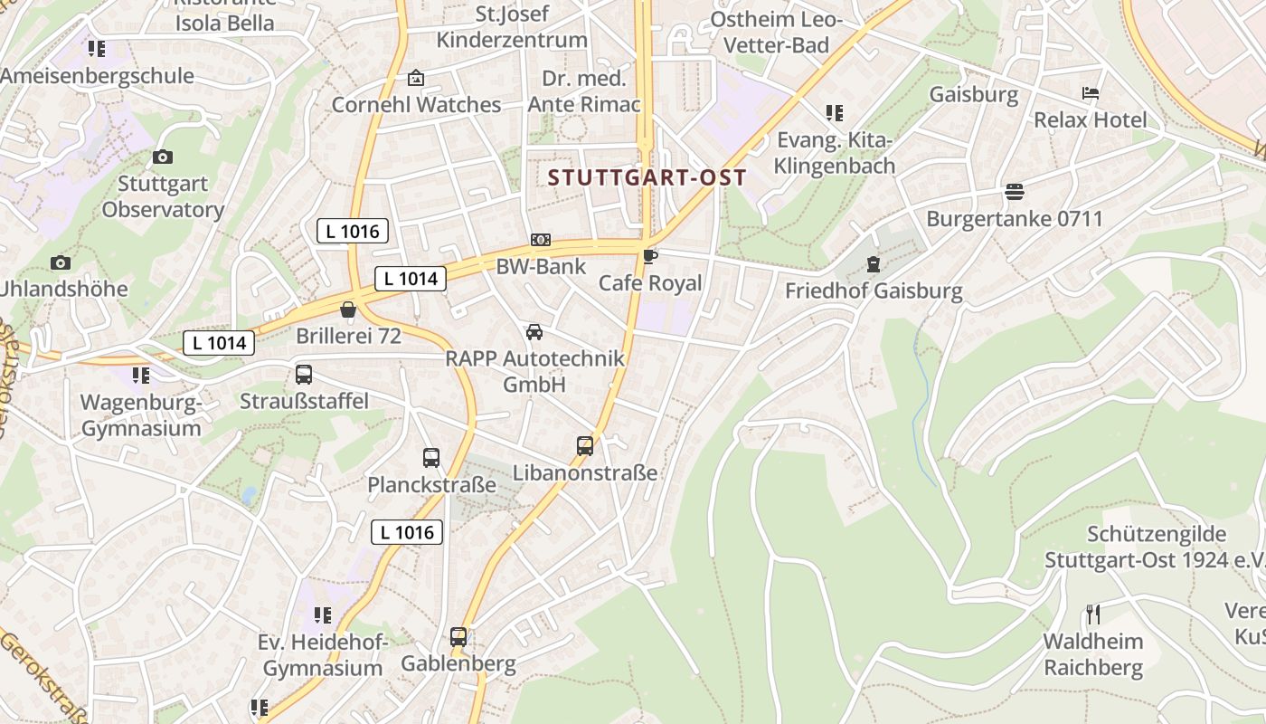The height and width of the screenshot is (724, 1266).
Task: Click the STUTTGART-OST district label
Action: tap(647, 177)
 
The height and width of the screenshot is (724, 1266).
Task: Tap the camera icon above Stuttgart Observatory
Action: tap(163, 157)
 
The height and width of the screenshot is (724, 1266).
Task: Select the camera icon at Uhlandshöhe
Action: tap(61, 262)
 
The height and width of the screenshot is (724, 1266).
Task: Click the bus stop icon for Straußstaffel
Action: tap(304, 374)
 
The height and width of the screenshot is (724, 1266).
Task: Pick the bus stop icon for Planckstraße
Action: tap(431, 458)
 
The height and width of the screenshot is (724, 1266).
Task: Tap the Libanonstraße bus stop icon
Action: tap(585, 445)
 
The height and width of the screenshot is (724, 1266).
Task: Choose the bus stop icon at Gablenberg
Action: tap(458, 636)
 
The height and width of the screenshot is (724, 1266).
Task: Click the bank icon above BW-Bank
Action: tap(541, 240)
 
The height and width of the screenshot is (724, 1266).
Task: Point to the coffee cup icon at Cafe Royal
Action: tap(650, 256)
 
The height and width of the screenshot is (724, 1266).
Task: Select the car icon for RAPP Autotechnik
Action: tap(534, 332)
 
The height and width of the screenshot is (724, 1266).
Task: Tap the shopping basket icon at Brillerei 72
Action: tap(348, 310)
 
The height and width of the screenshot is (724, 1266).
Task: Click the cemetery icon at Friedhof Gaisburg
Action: tap(874, 264)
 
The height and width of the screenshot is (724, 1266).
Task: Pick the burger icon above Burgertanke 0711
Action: tap(1015, 192)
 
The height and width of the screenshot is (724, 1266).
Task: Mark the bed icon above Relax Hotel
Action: tap(1091, 93)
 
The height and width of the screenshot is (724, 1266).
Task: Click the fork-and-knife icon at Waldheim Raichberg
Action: tap(1093, 614)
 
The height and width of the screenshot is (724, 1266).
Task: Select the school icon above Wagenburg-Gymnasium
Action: tap(140, 375)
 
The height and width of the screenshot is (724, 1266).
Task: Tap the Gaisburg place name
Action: tap(974, 94)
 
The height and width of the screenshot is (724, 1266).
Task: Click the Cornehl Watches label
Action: tap(416, 105)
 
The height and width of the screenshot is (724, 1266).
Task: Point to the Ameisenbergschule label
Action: tap(97, 76)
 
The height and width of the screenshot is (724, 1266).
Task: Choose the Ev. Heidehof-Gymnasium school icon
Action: tap(323, 615)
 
